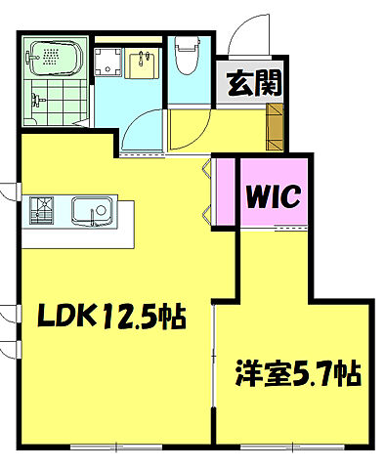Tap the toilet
[x=185, y=52]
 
